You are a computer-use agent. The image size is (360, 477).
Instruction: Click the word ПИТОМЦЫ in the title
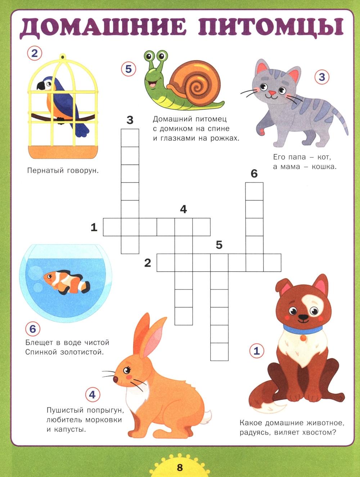(x=271, y=28)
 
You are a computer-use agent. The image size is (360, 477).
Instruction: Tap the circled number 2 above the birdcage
(x=35, y=53)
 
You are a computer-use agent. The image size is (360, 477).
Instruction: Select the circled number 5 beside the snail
(x=129, y=69)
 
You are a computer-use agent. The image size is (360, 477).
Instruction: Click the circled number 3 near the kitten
(x=322, y=77)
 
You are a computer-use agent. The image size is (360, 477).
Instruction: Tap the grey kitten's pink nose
(x=272, y=93)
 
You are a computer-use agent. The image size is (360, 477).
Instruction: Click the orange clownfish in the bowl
(x=67, y=282)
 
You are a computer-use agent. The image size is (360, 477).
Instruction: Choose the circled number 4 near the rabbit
(x=92, y=395)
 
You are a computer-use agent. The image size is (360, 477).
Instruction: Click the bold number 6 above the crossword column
(x=254, y=174)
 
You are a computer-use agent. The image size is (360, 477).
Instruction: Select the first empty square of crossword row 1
(x=112, y=227)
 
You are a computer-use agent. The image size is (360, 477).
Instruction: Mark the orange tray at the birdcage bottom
(x=63, y=152)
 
